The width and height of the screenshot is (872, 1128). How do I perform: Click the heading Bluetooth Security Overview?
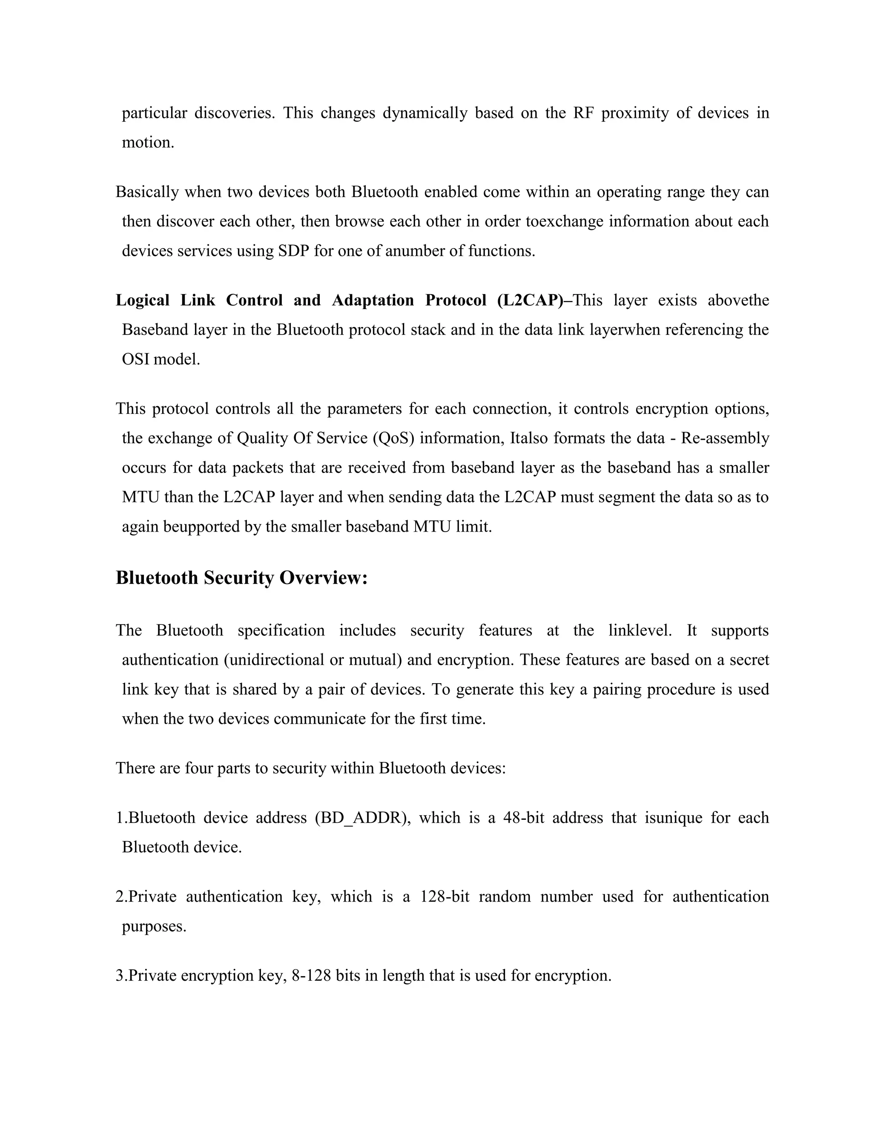(241, 578)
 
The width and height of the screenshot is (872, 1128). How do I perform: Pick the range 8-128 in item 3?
(311, 975)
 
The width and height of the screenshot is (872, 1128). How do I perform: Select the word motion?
(148, 142)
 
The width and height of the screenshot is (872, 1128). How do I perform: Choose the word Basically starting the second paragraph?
(147, 192)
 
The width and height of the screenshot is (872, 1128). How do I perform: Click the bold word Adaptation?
(373, 300)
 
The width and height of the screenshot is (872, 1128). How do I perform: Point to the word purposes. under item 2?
(154, 926)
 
